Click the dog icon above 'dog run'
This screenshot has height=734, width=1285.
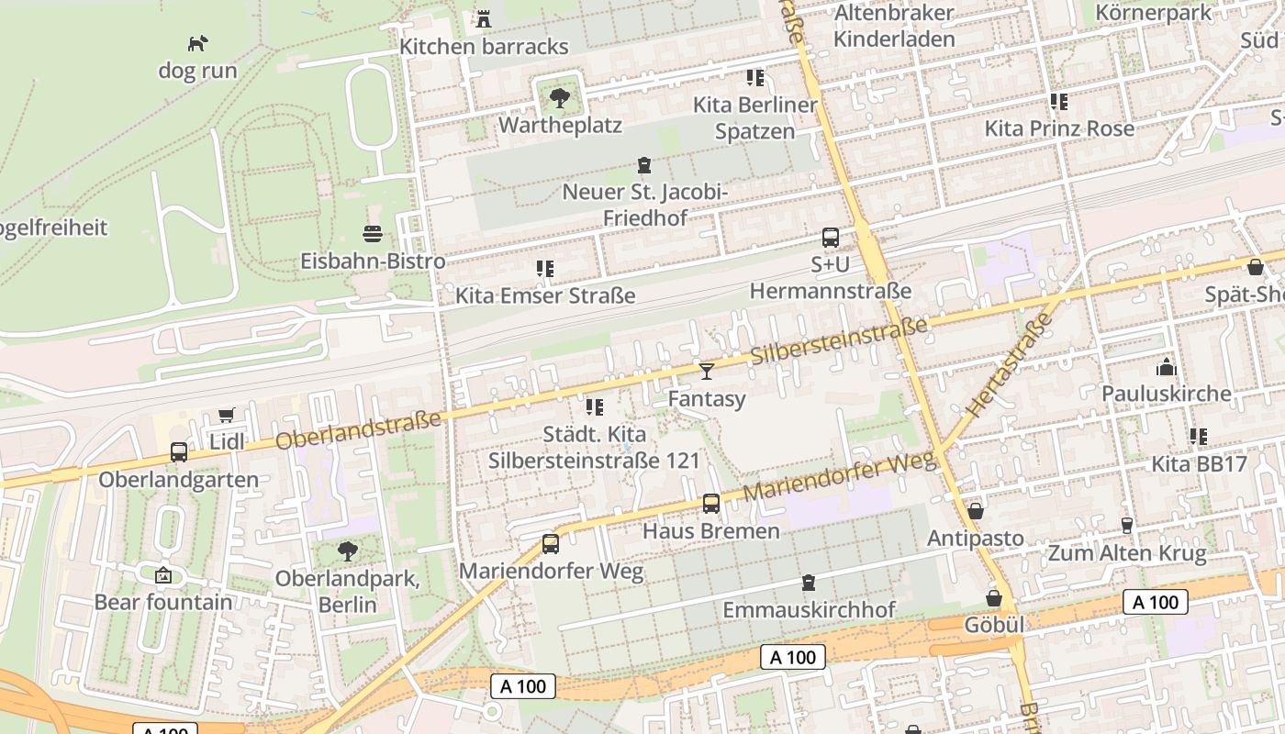[x=197, y=43]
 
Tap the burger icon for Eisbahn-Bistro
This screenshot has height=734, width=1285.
[x=373, y=233]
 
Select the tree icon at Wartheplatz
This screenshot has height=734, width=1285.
[x=559, y=97]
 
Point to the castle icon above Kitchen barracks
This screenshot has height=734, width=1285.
[x=484, y=18]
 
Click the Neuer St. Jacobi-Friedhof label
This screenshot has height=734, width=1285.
[x=644, y=205]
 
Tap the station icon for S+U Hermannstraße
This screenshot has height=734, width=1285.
[x=830, y=238]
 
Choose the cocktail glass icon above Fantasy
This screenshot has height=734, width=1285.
[x=706, y=371]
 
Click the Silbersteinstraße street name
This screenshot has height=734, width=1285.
[x=839, y=340]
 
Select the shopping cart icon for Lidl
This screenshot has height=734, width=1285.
[x=227, y=415]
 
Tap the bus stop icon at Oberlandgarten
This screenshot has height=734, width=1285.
[x=179, y=452]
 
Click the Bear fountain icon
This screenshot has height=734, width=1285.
[x=163, y=575]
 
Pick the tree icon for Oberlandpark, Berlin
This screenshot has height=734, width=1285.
[x=347, y=551]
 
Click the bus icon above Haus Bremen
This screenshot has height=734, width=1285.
[x=711, y=504]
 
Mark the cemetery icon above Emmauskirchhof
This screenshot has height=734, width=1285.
[x=808, y=583]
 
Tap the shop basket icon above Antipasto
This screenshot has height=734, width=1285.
[x=975, y=510]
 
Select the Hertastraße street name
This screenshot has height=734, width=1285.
[x=1009, y=365]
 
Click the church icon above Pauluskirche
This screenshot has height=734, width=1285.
[x=1167, y=367]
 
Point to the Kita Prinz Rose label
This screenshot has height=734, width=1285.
[x=1059, y=128]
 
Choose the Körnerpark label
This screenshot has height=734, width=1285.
[x=1154, y=13]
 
